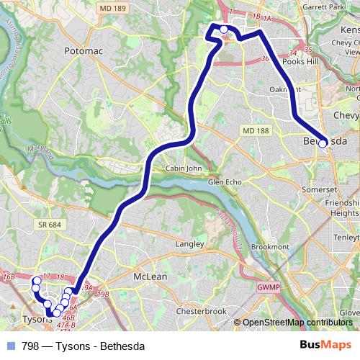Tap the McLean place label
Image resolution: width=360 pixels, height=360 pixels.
pos(150,276)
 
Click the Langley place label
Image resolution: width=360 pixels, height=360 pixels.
pos(189,244)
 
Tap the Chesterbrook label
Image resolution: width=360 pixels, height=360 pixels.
pos(202,311)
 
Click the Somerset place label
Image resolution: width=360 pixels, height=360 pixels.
pos(320,189)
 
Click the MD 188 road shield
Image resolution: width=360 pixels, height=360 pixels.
pos(255,130)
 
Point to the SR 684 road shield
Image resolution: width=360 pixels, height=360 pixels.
pos(47,226)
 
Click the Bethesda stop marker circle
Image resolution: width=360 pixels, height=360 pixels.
pos(323,143)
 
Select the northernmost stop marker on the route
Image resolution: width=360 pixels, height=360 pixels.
pos(224,30)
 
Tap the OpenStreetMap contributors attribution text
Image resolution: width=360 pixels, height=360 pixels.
pos(297,322)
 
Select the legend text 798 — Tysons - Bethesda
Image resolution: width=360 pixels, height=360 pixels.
pos(83,346)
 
